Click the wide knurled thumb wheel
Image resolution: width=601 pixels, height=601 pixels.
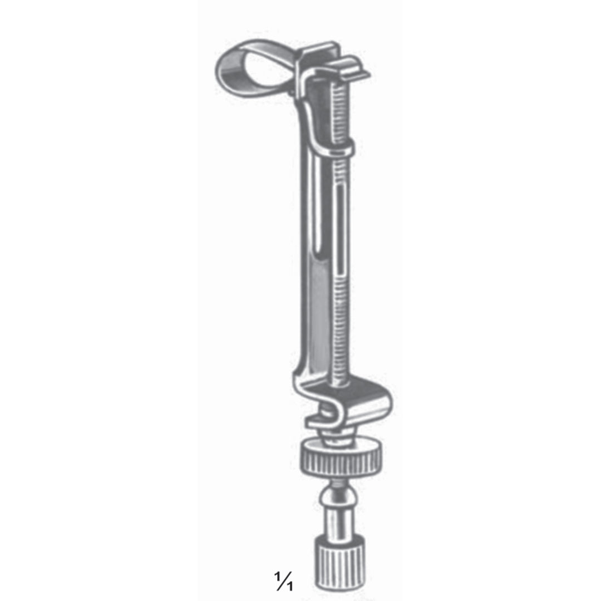coord(341,460)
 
